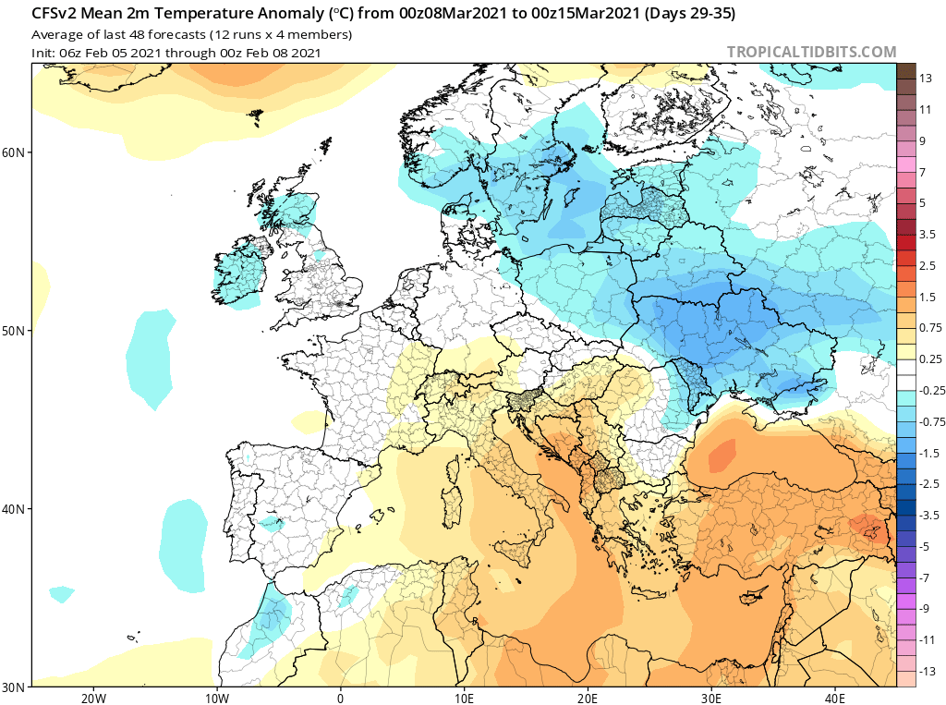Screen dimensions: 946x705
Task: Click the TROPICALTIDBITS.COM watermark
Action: pyautogui.click(x=811, y=52)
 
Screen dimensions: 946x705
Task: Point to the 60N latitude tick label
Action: pyautogui.click(x=13, y=152)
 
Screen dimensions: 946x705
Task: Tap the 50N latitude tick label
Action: pyautogui.click(x=13, y=332)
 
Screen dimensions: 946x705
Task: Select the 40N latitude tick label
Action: pyautogui.click(x=13, y=509)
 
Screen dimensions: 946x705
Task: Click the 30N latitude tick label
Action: pyautogui.click(x=13, y=687)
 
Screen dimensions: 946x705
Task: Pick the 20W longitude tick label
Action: pyautogui.click(x=93, y=699)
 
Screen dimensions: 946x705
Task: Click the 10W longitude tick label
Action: pyautogui.click(x=217, y=699)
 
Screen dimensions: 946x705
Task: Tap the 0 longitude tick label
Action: pyautogui.click(x=340, y=699)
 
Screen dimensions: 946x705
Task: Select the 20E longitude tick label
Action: pyautogui.click(x=587, y=699)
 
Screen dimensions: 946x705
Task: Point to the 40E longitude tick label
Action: pyautogui.click(x=834, y=699)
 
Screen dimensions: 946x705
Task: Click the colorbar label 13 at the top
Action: pyautogui.click(x=926, y=79)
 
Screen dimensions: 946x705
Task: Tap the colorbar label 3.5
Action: pyautogui.click(x=928, y=234)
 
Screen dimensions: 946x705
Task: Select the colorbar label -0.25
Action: pyautogui.click(x=932, y=391)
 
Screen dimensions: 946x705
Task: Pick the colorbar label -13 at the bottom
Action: pyautogui.click(x=928, y=671)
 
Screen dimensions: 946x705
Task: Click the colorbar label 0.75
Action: pyautogui.click(x=930, y=328)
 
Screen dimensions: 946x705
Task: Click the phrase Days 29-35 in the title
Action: pyautogui.click(x=690, y=13)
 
